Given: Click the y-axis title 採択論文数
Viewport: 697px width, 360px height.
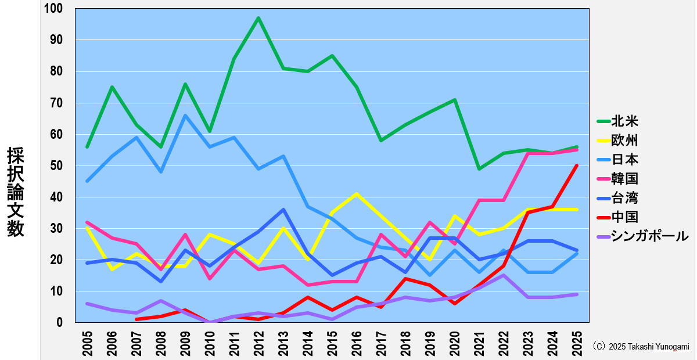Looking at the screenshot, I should coord(16,192).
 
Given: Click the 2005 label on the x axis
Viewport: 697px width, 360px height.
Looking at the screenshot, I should coord(88,342).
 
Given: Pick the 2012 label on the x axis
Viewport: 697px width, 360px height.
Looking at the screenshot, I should coord(258,342).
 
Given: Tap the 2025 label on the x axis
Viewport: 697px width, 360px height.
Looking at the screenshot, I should coord(576,342).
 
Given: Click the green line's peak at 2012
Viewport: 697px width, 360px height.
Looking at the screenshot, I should coord(258,18).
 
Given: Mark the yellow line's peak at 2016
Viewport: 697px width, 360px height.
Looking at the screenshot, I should coord(356,194).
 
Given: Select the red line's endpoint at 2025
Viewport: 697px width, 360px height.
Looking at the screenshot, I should coord(576,165).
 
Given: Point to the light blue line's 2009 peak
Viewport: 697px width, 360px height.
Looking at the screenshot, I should coord(185,116).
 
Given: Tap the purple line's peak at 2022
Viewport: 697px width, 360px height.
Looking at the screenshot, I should coord(503,275).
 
